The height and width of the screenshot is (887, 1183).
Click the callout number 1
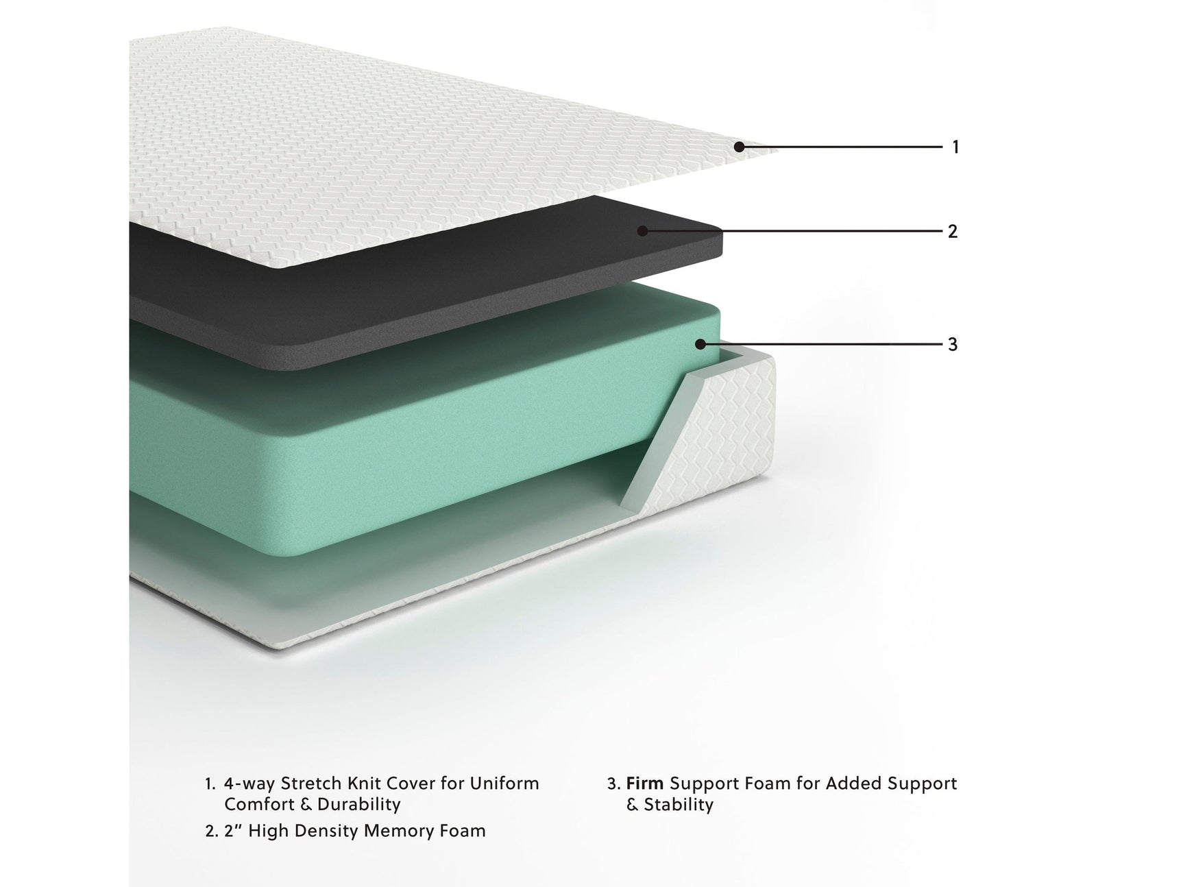pos(955,147)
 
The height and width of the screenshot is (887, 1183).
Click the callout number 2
pos(953,232)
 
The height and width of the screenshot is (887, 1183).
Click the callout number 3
pos(953,344)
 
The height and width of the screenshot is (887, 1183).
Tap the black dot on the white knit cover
pos(739,147)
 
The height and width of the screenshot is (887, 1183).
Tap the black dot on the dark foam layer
pos(642,231)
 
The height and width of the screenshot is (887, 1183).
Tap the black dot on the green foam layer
pos(700,344)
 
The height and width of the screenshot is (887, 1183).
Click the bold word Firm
pos(645,783)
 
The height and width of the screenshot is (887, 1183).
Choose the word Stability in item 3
pos(679,804)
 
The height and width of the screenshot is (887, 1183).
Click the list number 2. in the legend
pos(212,831)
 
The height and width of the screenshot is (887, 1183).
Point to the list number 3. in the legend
pos(613,783)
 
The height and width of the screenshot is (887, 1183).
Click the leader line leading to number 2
pos(792,232)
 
